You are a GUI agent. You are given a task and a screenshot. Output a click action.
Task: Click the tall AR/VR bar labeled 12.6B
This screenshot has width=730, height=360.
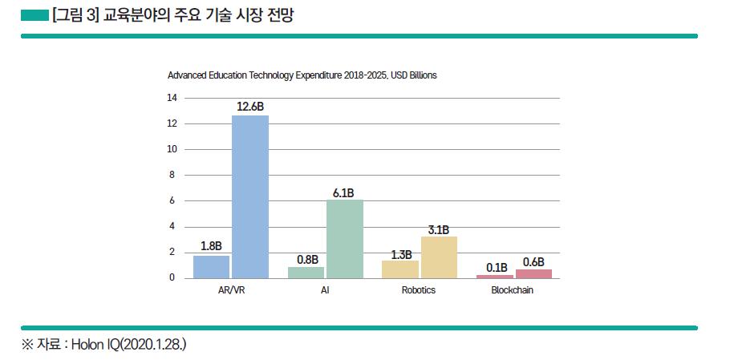click(x=250, y=196)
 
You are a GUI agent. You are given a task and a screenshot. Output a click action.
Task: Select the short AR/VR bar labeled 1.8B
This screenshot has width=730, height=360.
click(x=211, y=267)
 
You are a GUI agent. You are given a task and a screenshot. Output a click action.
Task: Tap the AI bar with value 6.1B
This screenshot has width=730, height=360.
click(x=345, y=239)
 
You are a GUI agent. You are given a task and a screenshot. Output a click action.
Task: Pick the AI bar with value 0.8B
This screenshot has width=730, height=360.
click(x=306, y=273)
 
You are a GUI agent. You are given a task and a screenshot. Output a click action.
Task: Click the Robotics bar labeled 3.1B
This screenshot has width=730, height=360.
click(x=439, y=257)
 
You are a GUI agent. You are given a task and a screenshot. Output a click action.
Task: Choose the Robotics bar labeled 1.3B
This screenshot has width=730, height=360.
click(x=399, y=269)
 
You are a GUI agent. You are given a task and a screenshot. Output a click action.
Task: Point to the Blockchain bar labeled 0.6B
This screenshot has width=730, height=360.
click(x=533, y=274)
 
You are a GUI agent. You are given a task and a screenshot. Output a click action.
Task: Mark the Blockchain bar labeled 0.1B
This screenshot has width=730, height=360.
click(x=494, y=277)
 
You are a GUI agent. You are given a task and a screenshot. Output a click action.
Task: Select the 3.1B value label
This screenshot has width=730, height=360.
click(x=439, y=229)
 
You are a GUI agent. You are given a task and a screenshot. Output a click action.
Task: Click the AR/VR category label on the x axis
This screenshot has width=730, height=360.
click(x=231, y=290)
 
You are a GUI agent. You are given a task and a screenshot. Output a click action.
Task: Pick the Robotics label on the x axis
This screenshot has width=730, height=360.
click(x=419, y=290)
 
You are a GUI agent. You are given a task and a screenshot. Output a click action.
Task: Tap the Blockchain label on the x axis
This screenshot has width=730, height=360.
click(x=512, y=290)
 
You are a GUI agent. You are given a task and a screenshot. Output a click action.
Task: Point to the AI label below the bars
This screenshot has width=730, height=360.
click(x=325, y=290)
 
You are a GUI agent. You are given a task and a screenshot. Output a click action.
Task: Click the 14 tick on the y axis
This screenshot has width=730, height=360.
click(x=171, y=98)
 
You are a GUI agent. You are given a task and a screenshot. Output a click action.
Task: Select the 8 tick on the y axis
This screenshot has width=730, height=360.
click(x=171, y=175)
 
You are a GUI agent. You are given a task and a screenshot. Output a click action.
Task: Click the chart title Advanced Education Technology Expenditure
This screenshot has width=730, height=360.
click(x=302, y=75)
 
